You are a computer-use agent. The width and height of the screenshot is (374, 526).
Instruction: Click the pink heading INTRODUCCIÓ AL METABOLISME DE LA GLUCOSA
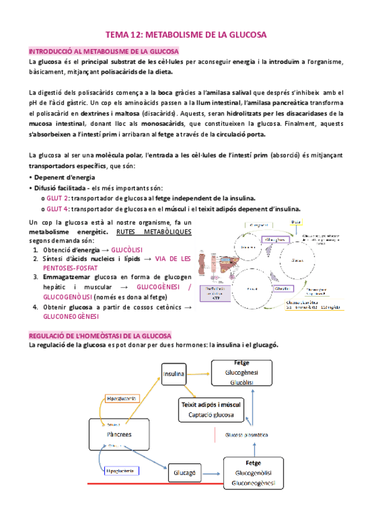(104, 51)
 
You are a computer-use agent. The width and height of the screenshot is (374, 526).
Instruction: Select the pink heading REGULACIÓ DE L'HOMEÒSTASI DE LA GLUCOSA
(104, 335)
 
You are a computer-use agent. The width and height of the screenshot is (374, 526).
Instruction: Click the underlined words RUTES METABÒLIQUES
(153, 232)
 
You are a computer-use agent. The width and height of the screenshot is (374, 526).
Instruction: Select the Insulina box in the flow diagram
(174, 375)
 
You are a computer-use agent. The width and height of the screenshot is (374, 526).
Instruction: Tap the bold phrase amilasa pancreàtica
(278, 102)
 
